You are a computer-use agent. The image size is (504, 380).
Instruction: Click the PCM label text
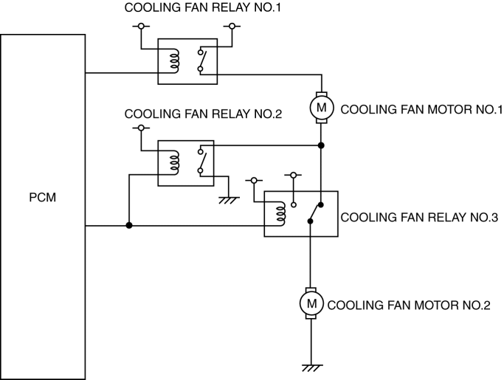(x=44, y=198)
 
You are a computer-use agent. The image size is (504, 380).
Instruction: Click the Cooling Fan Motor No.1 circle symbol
(x=321, y=108)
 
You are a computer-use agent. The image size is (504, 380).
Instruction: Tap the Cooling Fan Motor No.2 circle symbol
(x=311, y=303)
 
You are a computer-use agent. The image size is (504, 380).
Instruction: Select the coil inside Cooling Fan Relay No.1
(x=174, y=61)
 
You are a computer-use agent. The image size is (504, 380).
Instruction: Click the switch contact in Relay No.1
(x=201, y=61)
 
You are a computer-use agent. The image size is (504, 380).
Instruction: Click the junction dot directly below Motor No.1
(x=321, y=145)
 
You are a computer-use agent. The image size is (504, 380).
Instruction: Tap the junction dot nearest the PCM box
(x=129, y=226)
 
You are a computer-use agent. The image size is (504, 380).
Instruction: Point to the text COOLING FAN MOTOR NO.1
(x=421, y=109)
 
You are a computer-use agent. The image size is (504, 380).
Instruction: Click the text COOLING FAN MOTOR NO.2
(x=408, y=304)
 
